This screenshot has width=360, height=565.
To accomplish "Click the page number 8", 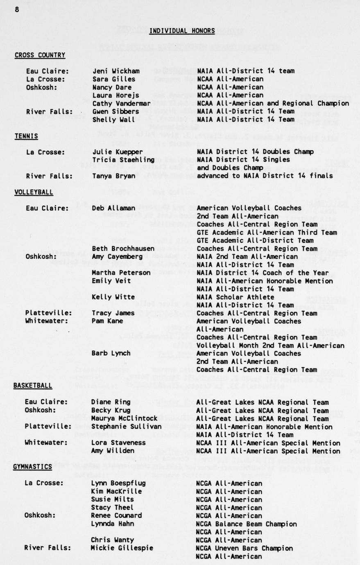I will click(x=17, y=10).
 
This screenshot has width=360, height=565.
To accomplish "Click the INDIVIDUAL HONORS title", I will click(x=182, y=31).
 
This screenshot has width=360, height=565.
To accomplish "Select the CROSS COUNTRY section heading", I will click(x=40, y=55).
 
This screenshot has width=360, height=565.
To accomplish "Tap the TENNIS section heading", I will click(x=26, y=136).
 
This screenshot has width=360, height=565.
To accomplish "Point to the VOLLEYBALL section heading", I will click(x=34, y=192).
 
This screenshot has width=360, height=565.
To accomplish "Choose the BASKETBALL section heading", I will click(x=33, y=386).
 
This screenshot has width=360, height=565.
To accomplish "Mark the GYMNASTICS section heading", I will click(x=32, y=467).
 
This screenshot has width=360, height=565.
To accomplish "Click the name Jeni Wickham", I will click(x=116, y=71).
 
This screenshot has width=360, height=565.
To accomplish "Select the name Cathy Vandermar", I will click(x=121, y=103).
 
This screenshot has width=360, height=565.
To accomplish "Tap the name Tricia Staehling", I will click(x=123, y=160).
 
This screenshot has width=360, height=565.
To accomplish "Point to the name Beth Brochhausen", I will click(x=123, y=249).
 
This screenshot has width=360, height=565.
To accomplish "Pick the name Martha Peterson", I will click(x=121, y=273).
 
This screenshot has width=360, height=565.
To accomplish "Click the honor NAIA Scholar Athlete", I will click(x=235, y=297).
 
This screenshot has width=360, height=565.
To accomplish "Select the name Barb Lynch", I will click(x=111, y=353).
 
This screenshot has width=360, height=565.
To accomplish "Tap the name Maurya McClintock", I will click(x=124, y=418).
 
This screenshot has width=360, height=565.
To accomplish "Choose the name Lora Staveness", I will click(x=118, y=443).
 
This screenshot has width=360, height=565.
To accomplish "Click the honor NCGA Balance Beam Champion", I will click(x=246, y=524).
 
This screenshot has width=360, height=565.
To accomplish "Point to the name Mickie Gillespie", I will click(x=122, y=548).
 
